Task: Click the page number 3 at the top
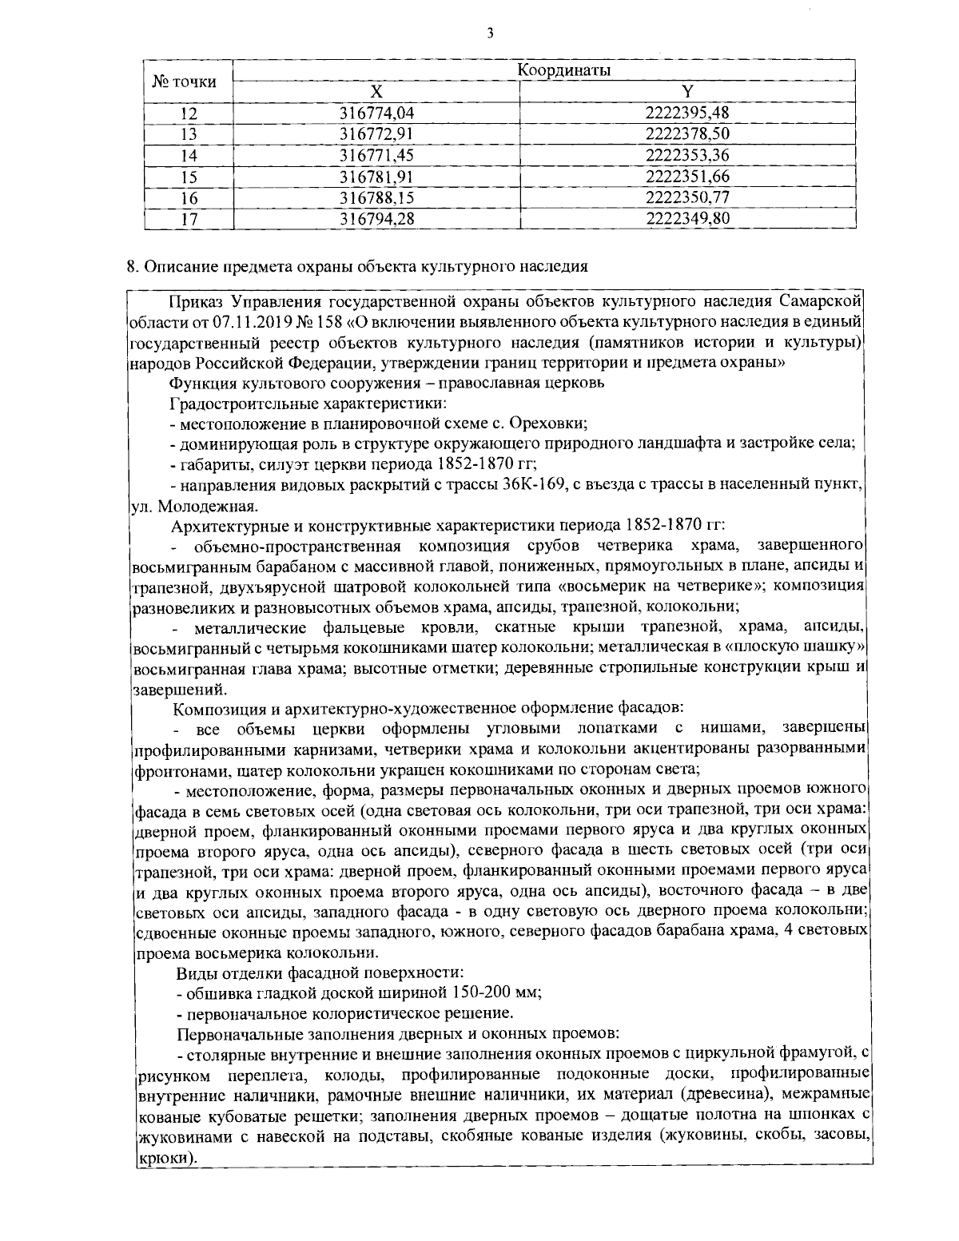coord(488,33)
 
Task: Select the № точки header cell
coord(185,81)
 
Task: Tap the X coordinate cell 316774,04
coord(376,113)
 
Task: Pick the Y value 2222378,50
coord(687,133)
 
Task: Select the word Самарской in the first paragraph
coord(830,301)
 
